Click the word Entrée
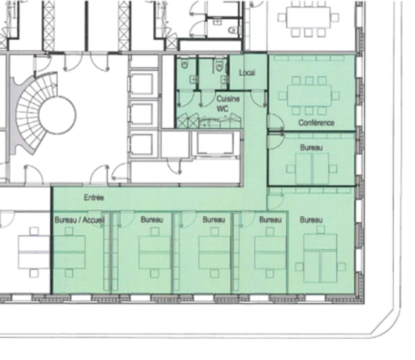(94, 197)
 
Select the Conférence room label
(316, 123)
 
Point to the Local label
(248, 73)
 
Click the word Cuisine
(228, 99)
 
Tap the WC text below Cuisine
(223, 109)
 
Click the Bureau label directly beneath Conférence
(311, 147)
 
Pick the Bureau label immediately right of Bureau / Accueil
(151, 219)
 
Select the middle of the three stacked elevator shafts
(142, 113)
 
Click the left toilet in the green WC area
(185, 64)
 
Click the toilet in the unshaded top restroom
(232, 30)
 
